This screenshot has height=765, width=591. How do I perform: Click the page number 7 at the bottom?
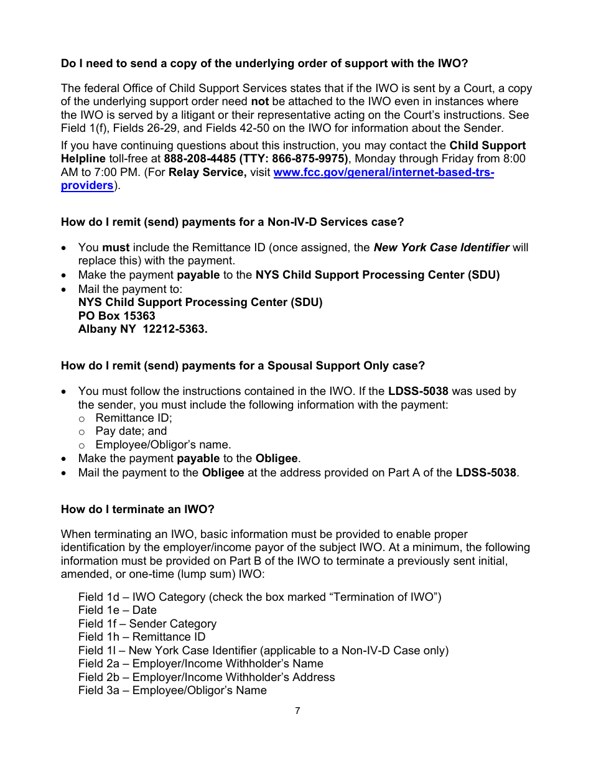(x=297, y=711)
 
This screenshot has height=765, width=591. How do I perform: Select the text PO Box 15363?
(x=117, y=316)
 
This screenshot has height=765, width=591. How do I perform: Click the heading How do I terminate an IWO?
(x=137, y=509)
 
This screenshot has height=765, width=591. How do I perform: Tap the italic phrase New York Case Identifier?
(x=441, y=248)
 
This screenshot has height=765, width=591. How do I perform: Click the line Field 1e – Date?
(x=118, y=610)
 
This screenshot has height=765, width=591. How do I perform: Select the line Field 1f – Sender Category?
(x=147, y=624)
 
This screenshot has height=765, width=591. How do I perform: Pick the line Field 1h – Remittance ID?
(x=142, y=637)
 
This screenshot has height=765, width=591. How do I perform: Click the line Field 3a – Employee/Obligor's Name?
(x=172, y=690)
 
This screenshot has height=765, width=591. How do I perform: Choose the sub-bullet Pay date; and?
(x=131, y=431)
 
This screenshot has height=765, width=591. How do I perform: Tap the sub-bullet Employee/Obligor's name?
(x=163, y=445)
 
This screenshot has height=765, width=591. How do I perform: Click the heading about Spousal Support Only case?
(x=243, y=366)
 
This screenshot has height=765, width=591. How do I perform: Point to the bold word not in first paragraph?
(x=259, y=101)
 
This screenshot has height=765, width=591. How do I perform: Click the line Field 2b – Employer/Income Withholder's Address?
(x=207, y=677)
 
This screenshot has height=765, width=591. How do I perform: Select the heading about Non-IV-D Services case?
(x=232, y=222)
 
